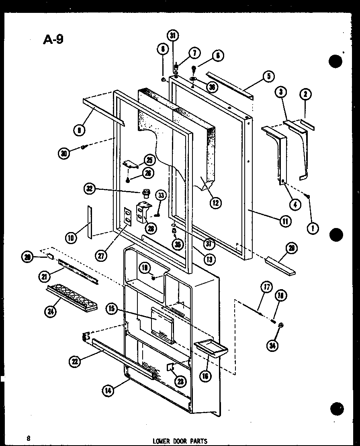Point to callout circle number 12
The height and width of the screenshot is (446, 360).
click(x=215, y=202)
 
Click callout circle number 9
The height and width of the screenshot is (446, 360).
click(x=79, y=129)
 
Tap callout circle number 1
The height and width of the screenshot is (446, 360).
click(x=313, y=228)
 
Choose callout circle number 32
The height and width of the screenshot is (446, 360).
click(x=90, y=188)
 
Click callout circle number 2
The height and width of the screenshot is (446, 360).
click(x=306, y=94)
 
